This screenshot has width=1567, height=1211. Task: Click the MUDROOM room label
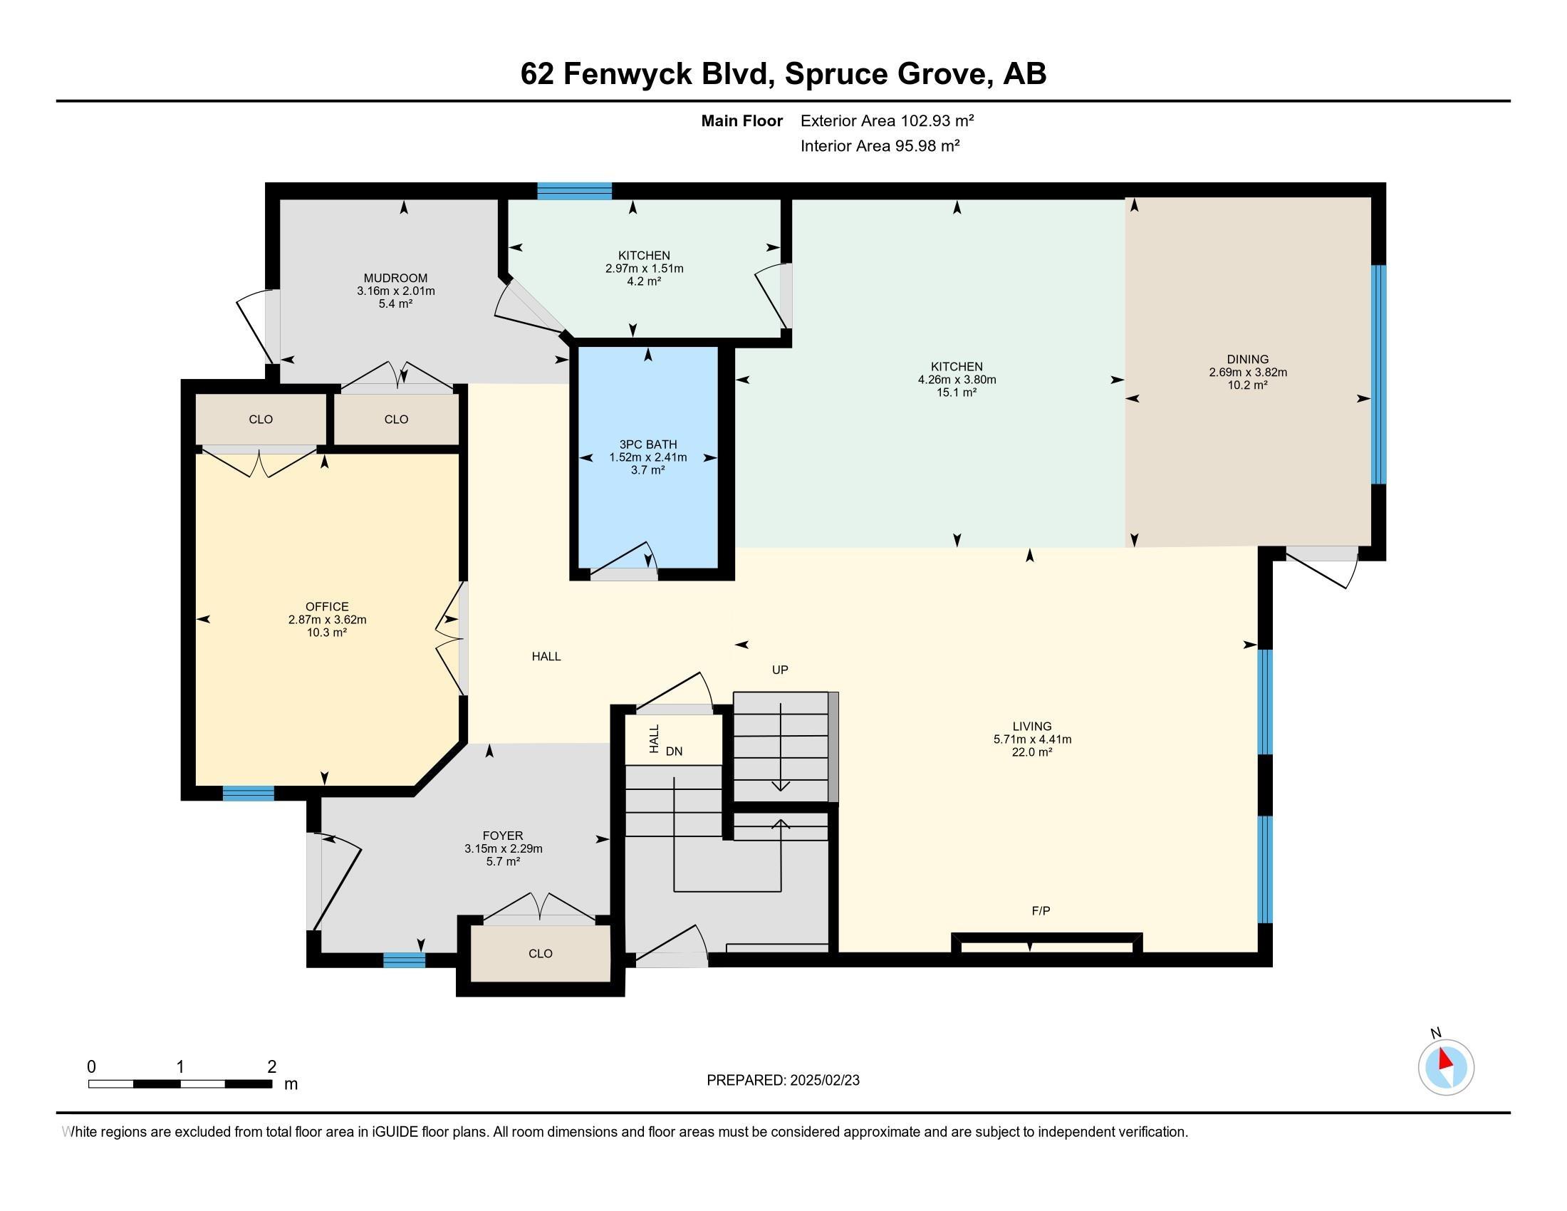[x=395, y=279]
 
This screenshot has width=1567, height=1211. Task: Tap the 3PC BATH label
[x=648, y=445]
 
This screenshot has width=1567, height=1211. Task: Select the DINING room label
[x=1248, y=360]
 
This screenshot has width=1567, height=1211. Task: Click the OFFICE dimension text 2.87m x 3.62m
[x=327, y=620]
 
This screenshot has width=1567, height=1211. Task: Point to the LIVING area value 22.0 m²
[x=1032, y=752]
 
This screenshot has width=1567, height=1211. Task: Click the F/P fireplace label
[x=1041, y=911]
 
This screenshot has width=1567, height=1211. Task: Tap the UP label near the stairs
[x=780, y=670]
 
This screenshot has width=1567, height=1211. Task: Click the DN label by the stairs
[x=674, y=752]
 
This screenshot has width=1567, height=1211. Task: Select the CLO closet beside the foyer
[x=541, y=953]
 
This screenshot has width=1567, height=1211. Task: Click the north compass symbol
[x=1446, y=1067]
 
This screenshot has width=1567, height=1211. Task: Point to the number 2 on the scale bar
[x=271, y=1067]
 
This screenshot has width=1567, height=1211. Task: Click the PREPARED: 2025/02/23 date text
[x=783, y=1081]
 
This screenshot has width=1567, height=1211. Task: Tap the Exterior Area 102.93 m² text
[x=887, y=120]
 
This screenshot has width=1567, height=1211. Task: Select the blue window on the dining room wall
[x=1378, y=375]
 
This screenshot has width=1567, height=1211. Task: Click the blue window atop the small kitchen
[x=574, y=191]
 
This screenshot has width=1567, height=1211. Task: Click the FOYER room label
[x=503, y=836]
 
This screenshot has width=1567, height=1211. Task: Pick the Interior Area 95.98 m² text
[x=880, y=146]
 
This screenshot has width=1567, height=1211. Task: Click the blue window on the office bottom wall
[x=249, y=793]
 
